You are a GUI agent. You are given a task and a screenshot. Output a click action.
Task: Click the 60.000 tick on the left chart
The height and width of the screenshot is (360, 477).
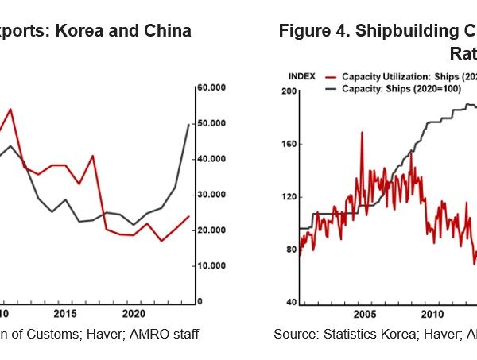[x=211, y=87]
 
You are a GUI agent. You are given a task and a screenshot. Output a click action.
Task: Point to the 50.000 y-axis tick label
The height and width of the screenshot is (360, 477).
[x=211, y=123]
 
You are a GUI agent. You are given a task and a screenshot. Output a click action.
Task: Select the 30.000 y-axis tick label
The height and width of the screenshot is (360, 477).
[x=211, y=195]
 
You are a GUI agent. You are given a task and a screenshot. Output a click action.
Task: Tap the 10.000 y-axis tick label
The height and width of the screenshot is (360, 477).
[x=211, y=266]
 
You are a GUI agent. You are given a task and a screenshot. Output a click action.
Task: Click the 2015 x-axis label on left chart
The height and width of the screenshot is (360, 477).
[x=67, y=314]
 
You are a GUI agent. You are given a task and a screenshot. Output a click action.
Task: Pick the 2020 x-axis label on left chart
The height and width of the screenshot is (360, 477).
[x=134, y=314]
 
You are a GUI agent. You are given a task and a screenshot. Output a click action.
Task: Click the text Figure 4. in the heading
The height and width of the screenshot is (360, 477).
[x=310, y=31]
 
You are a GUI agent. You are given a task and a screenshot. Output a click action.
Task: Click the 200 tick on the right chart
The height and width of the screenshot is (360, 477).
[x=289, y=92]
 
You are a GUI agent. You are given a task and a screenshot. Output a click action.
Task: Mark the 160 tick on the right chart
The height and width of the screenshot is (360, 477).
[x=289, y=145]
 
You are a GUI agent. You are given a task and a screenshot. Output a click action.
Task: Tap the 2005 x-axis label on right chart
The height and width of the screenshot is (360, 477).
[x=363, y=314]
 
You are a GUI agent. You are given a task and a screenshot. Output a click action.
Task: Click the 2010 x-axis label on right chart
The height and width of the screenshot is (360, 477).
[x=430, y=314]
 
